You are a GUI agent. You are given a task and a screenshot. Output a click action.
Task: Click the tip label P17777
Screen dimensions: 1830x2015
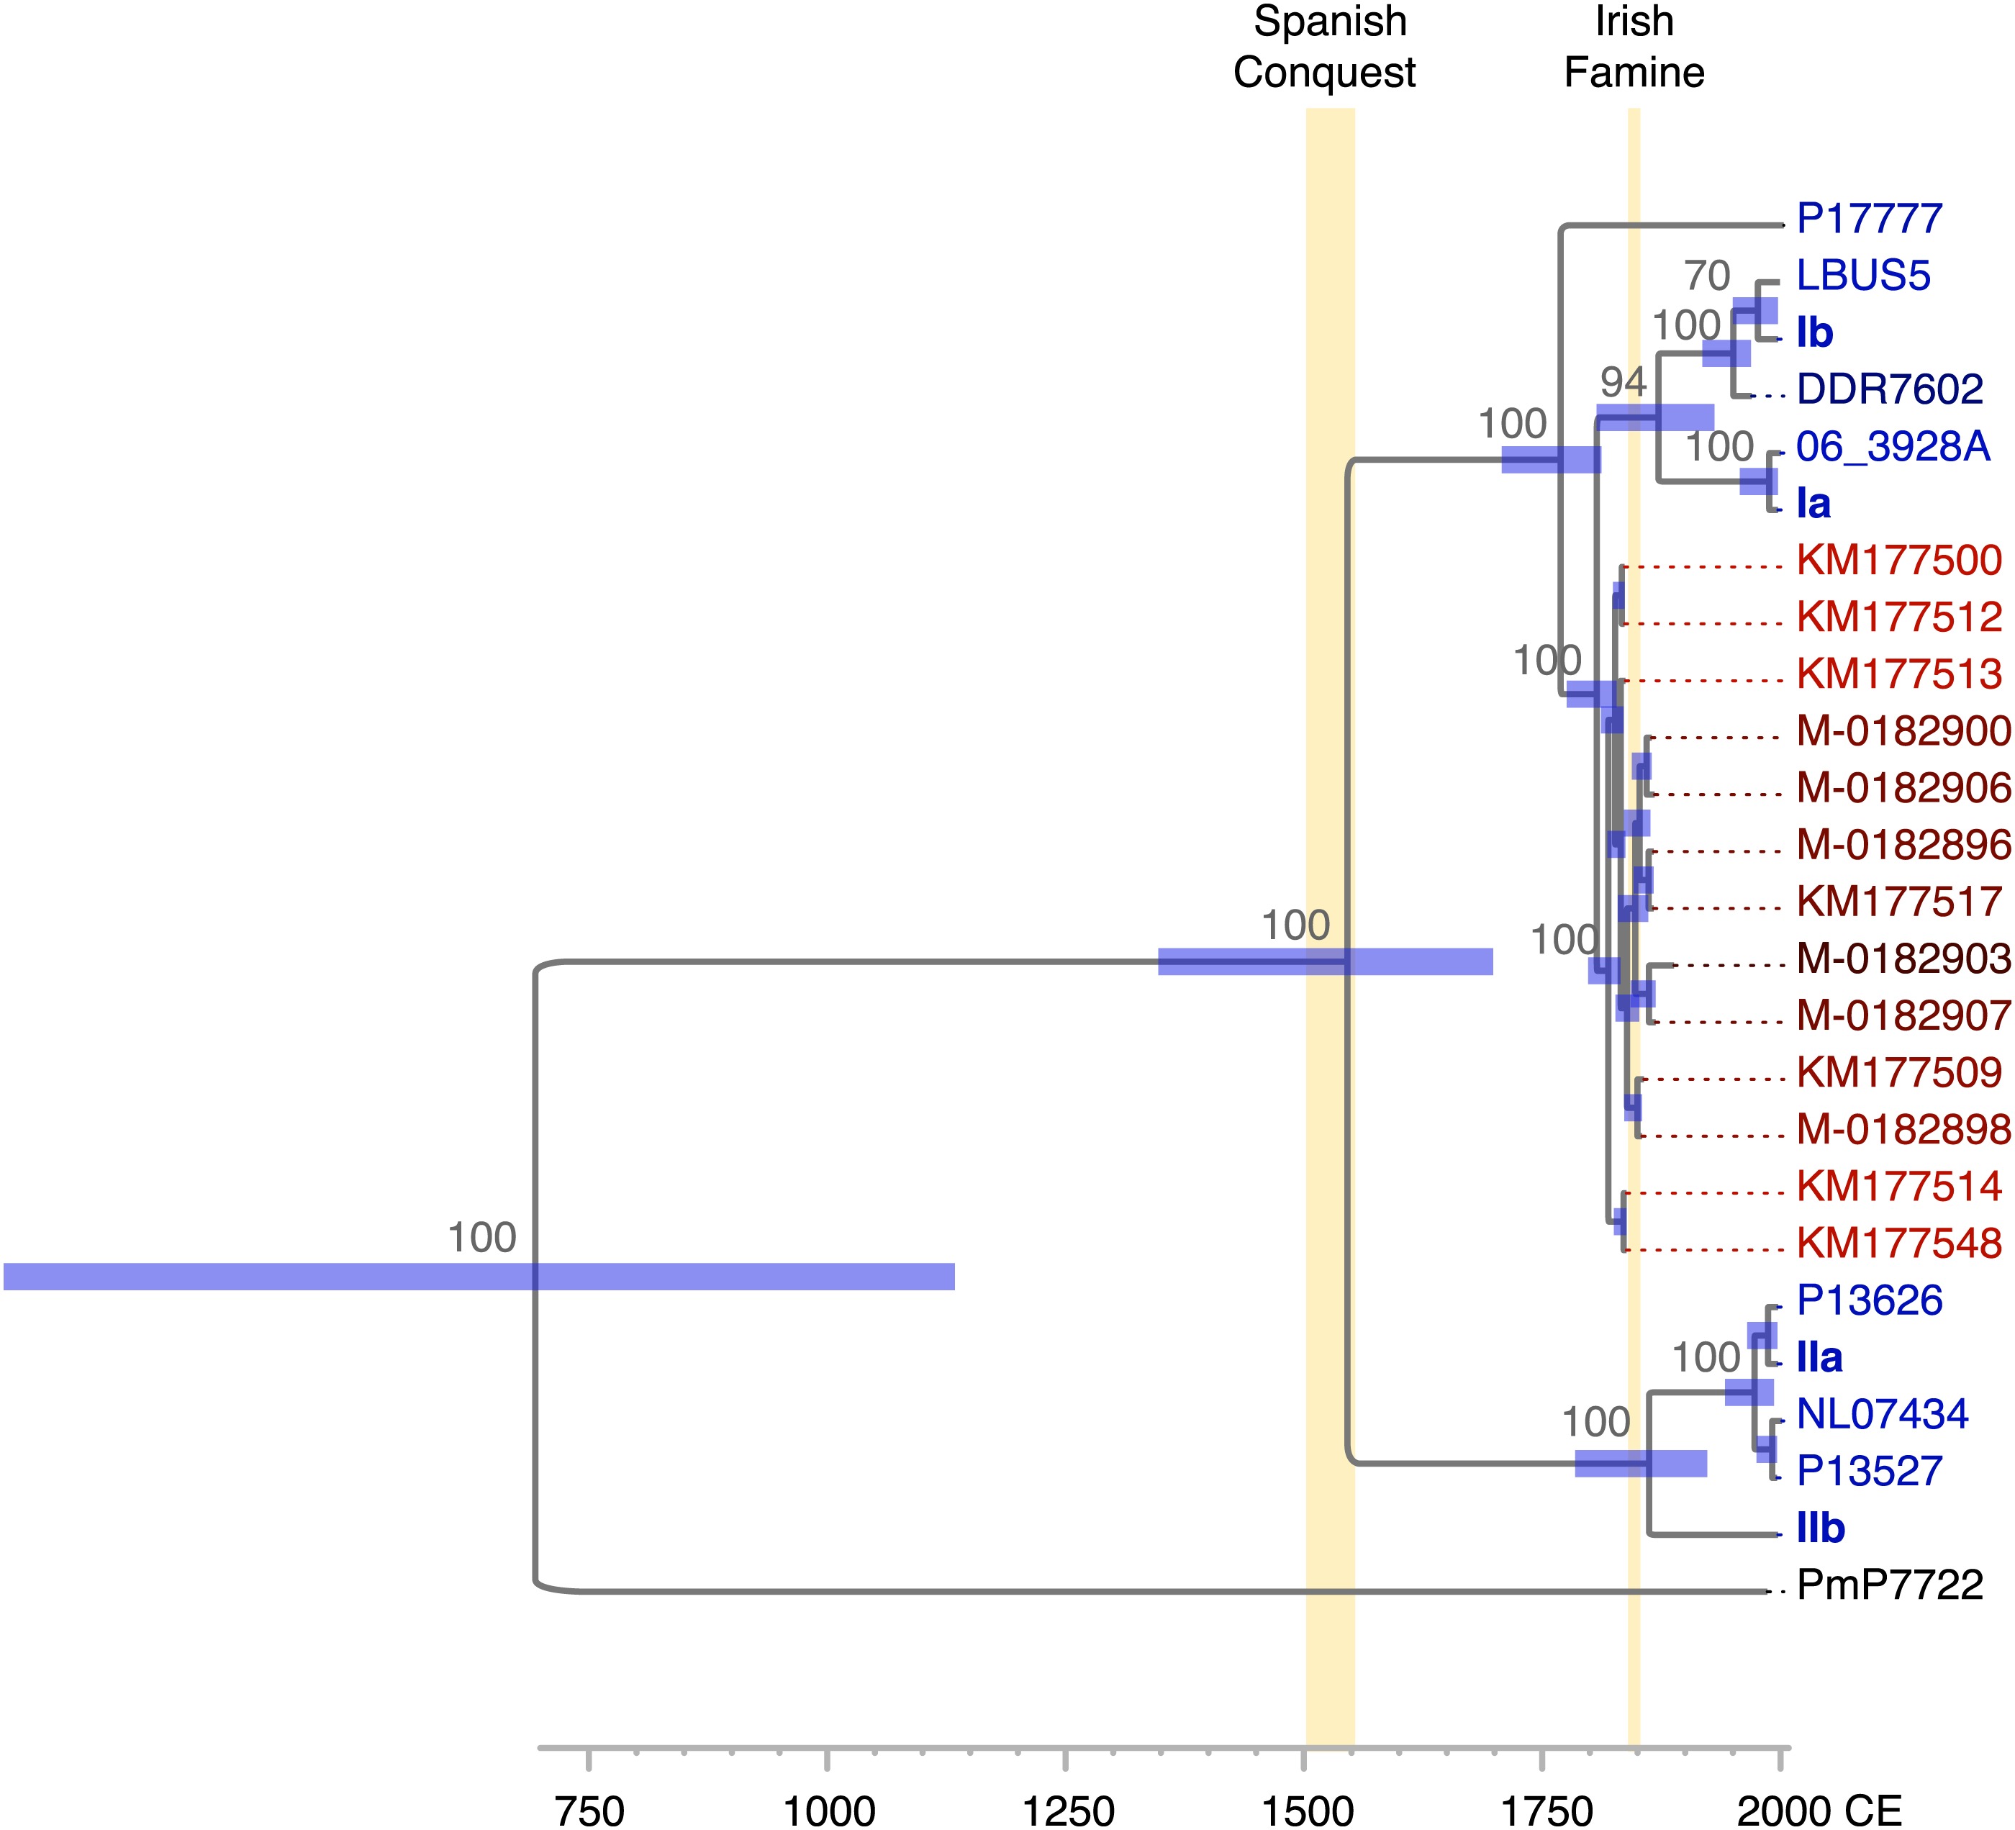click(x=1869, y=219)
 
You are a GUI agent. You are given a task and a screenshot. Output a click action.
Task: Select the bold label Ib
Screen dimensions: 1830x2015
click(x=1815, y=332)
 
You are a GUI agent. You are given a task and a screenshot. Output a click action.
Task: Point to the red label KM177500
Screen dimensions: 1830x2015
click(x=1899, y=561)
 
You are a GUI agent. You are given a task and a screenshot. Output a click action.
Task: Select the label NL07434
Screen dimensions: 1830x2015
click(x=1882, y=1414)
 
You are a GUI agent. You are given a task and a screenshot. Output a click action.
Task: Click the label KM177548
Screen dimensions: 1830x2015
click(x=1899, y=1244)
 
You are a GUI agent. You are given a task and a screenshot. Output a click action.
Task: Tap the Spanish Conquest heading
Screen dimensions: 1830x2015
click(x=1326, y=47)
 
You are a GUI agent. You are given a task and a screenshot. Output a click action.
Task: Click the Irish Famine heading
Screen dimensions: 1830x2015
click(x=1634, y=47)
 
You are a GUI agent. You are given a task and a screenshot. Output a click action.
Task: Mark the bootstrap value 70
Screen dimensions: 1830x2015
click(x=1706, y=276)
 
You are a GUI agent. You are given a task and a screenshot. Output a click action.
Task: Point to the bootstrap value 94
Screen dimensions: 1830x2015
click(x=1624, y=382)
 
